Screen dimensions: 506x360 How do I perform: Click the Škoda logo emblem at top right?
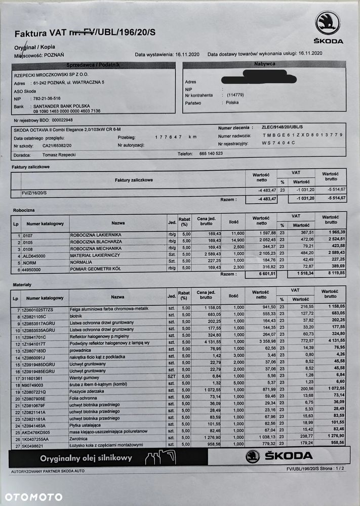328,24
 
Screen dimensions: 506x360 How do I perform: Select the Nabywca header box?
264,64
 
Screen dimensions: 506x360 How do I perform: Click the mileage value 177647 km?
175,137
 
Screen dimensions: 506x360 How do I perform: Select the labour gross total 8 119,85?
331,274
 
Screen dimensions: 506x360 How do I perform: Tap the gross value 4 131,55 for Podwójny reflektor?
332,342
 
